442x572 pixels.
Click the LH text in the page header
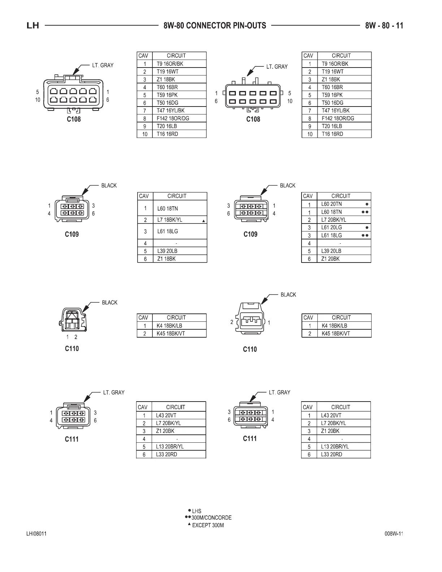click(x=33, y=26)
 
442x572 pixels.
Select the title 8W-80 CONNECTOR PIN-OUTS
click(x=214, y=26)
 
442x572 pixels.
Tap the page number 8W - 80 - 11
click(x=384, y=26)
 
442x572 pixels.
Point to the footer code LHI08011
click(x=36, y=534)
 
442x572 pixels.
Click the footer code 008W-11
click(x=394, y=534)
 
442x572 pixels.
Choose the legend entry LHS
click(x=196, y=511)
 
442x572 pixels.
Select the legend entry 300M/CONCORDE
click(x=211, y=518)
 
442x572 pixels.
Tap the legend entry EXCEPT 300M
click(x=208, y=525)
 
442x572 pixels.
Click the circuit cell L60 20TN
click(x=331, y=204)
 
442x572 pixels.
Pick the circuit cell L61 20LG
click(x=331, y=227)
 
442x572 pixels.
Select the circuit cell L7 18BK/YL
click(x=170, y=220)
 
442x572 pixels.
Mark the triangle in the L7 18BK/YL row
click(x=204, y=221)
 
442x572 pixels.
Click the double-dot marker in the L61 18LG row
click(x=365, y=235)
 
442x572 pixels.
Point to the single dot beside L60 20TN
click(x=367, y=204)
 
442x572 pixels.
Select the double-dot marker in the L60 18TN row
click(x=365, y=212)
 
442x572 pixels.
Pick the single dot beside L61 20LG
click(x=367, y=228)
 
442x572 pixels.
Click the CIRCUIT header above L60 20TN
click(x=341, y=196)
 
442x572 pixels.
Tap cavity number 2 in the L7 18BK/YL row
click(x=145, y=220)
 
